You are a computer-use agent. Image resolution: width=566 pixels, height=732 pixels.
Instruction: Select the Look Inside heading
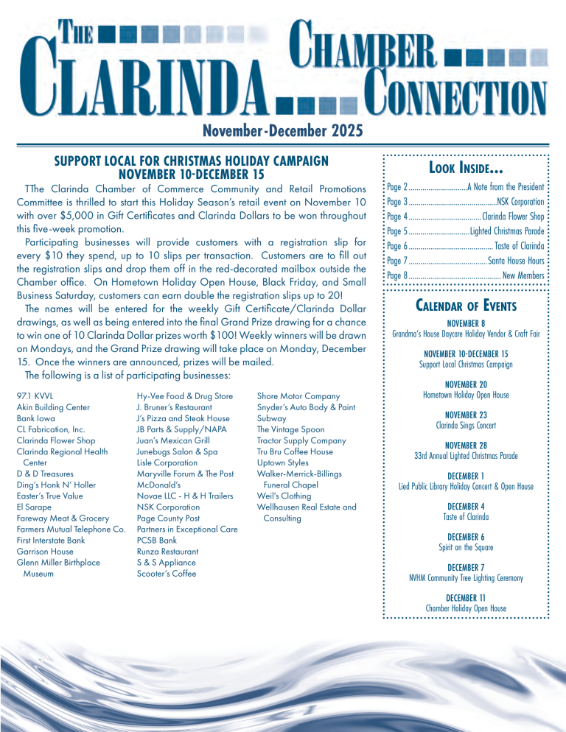click(x=465, y=170)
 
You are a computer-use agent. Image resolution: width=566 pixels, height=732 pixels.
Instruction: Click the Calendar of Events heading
click(x=466, y=306)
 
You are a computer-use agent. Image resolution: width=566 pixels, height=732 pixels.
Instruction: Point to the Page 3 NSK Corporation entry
click(x=465, y=201)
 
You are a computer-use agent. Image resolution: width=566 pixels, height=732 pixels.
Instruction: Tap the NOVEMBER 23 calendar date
click(x=465, y=415)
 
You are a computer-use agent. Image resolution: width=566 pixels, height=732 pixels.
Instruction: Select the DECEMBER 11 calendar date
click(x=465, y=597)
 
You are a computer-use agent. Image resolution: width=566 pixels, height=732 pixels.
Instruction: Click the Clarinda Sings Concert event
click(x=465, y=426)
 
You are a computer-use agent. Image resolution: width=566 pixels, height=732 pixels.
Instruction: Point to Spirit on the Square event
click(x=465, y=548)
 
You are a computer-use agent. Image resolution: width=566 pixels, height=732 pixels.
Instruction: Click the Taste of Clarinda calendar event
click(x=465, y=517)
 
